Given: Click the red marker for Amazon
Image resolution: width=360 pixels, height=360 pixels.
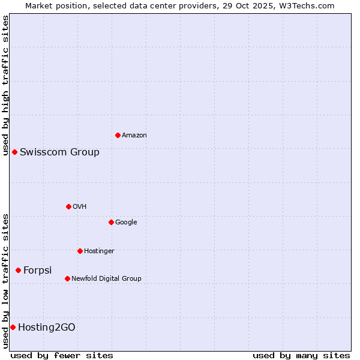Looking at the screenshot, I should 118,135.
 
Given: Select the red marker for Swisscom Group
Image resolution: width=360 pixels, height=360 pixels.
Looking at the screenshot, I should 14,152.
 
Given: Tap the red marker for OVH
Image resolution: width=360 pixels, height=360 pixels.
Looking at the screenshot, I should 68,206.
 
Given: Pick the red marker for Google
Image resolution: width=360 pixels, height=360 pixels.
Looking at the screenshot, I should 111,222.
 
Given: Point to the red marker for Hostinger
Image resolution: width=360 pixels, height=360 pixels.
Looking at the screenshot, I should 80,251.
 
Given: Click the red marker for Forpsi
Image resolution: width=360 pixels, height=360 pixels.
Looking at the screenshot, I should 18,270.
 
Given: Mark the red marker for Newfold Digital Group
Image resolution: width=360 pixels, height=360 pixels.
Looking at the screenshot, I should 67,278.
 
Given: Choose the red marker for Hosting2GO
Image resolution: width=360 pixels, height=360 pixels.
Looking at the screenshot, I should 13,327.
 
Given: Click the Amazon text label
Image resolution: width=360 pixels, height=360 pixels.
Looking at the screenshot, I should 134,136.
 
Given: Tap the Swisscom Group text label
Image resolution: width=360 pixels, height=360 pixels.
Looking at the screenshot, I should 59,152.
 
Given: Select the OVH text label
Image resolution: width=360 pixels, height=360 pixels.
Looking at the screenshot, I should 80,207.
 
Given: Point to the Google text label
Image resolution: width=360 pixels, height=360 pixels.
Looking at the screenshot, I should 126,223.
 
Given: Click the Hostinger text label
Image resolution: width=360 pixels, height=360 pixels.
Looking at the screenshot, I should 99,251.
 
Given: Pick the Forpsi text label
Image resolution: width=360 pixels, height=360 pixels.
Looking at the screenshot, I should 37,271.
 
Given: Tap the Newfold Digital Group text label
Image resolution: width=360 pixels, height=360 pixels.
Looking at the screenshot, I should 106,279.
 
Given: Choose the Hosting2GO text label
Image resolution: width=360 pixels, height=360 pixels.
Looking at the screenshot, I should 46,328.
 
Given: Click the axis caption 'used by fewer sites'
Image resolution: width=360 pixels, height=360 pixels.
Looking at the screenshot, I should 62,355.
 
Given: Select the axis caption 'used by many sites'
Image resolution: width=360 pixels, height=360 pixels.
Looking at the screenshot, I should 301,355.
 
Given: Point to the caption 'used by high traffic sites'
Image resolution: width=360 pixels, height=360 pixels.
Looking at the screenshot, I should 6,85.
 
